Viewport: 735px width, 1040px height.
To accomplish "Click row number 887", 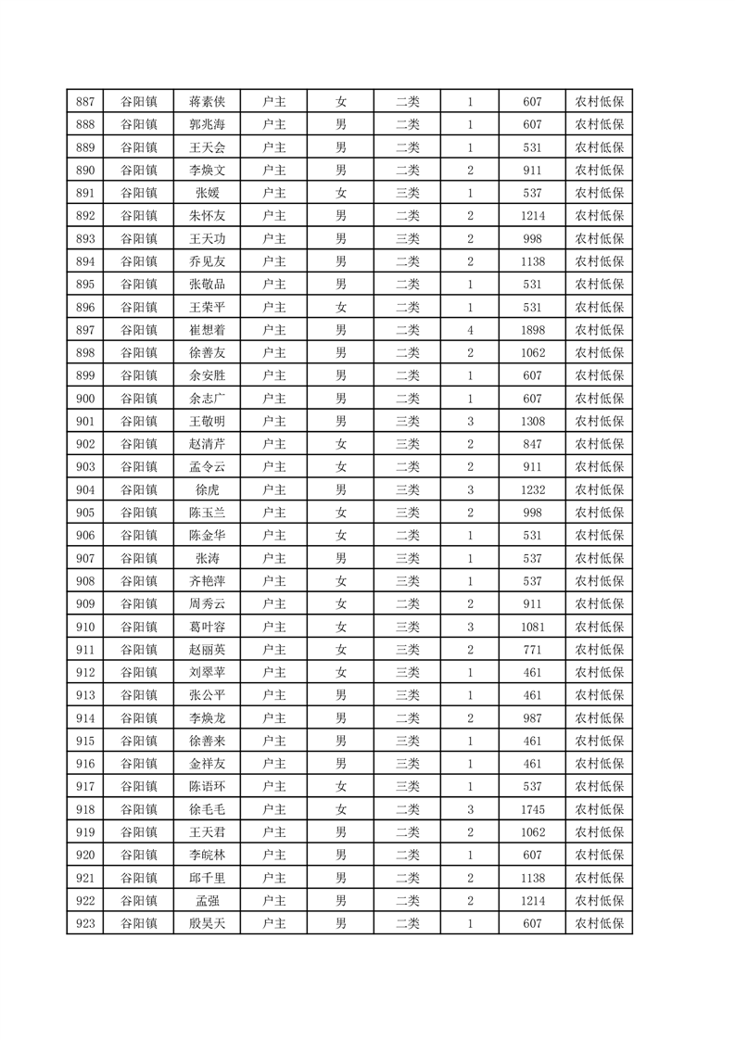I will tap(84, 102).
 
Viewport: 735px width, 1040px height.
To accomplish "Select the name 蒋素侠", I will tap(207, 102).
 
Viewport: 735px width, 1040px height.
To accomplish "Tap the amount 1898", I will tap(532, 330).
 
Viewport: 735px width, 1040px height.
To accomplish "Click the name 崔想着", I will tap(207, 330).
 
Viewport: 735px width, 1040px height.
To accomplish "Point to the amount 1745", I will tap(532, 809).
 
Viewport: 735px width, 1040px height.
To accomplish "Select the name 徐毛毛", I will tap(207, 809).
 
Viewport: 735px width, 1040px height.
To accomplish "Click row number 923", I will tap(84, 923).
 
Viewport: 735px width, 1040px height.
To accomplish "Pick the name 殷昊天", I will tap(207, 923).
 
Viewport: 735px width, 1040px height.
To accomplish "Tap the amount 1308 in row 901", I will tap(532, 422).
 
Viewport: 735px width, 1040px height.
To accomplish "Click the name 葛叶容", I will tap(207, 627).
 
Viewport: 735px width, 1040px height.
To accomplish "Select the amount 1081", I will tap(532, 627).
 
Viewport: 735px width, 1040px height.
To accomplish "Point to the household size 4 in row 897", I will tap(470, 330).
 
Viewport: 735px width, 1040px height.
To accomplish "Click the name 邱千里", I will tap(207, 878).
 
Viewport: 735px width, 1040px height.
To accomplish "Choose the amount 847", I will tap(532, 444).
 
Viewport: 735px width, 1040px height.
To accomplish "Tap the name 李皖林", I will tap(207, 855).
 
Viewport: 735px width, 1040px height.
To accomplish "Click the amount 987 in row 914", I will tap(532, 718).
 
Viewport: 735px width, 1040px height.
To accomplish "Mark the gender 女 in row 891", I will tap(340, 193).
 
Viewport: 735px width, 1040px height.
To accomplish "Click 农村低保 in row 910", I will tap(599, 627).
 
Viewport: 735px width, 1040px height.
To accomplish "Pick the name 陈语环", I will tap(207, 787).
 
